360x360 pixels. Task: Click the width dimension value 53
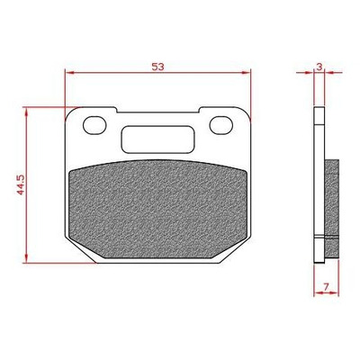point(157,67)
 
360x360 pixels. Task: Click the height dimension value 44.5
point(21,184)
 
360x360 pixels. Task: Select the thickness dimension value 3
point(319,67)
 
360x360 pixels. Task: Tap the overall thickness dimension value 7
point(327,286)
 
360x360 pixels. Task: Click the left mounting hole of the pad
point(94,125)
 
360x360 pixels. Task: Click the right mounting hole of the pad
point(221,125)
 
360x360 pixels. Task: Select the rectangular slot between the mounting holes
point(157,139)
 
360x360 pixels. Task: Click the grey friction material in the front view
point(157,209)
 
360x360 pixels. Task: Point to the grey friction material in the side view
point(332,209)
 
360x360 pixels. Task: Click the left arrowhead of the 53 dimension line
point(69,72)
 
